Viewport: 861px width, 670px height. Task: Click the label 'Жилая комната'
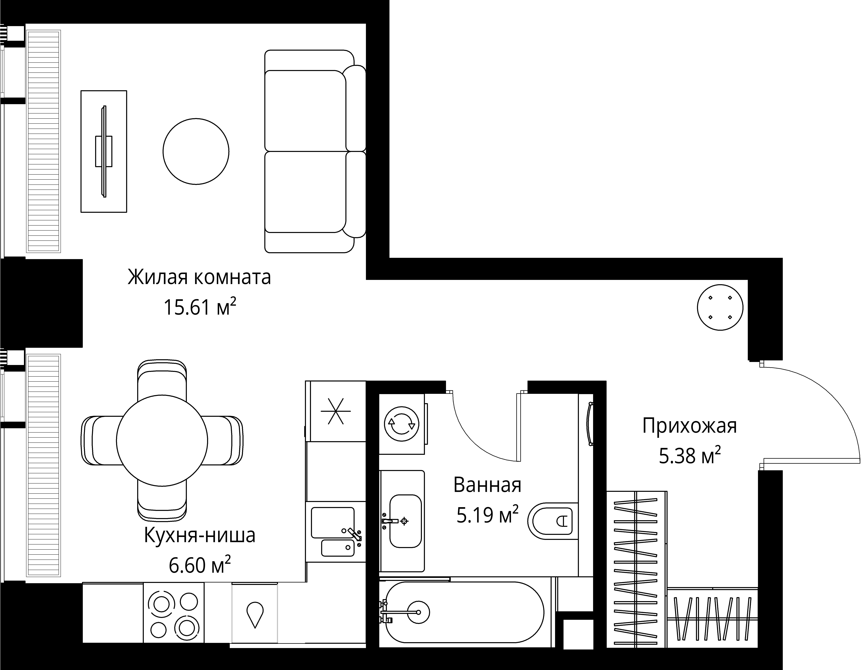coord(199,277)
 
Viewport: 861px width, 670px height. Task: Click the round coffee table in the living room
coord(196,151)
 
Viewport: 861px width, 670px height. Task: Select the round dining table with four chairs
coord(162,440)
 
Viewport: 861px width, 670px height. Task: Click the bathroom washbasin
coord(405,521)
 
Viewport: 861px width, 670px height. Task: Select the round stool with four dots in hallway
coord(720,307)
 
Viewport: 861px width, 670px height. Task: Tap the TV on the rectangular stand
coord(104,151)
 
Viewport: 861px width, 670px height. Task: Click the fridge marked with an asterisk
coord(336,411)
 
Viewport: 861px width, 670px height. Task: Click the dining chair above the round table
coord(162,378)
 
